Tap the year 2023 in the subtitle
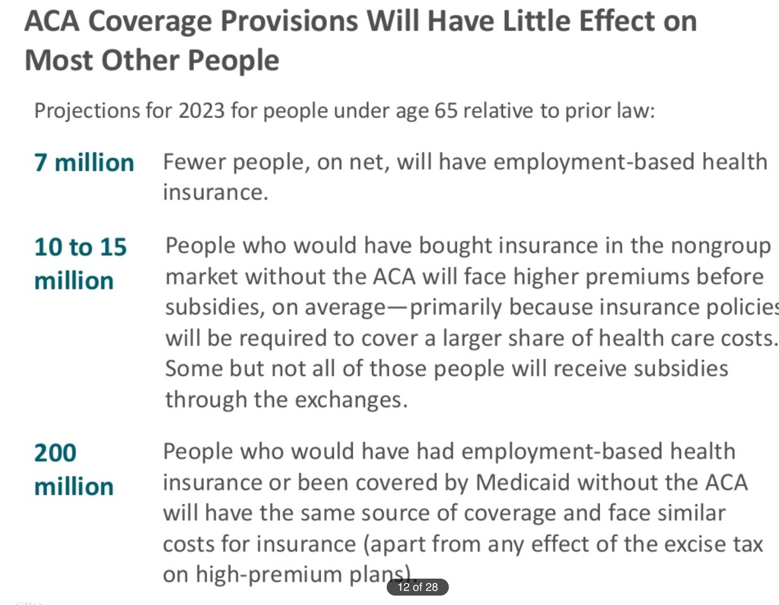tap(202, 111)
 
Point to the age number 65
tap(446, 111)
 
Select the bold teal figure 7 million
tap(84, 163)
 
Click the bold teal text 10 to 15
tap(81, 247)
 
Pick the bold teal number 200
tap(55, 453)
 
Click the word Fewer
tap(194, 162)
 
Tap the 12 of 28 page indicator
tap(417, 587)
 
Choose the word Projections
tap(87, 111)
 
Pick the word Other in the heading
tap(140, 61)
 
